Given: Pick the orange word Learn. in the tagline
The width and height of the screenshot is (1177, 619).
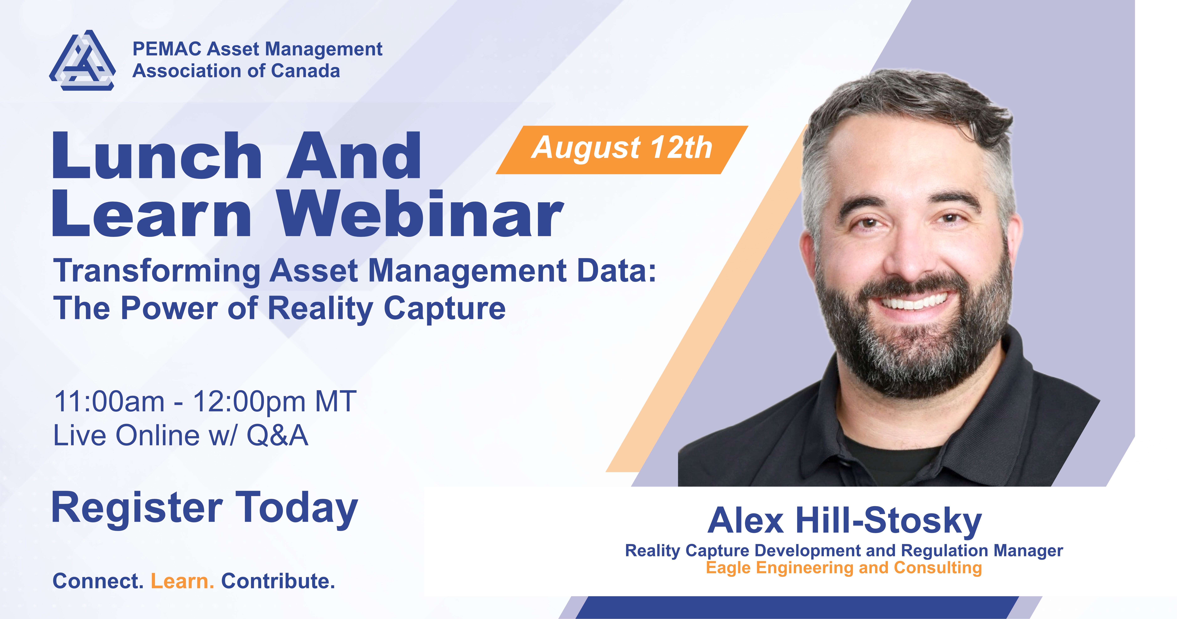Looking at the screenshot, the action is [x=182, y=581].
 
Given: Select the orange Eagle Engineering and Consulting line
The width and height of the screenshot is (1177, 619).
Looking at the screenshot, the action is [x=844, y=568].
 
